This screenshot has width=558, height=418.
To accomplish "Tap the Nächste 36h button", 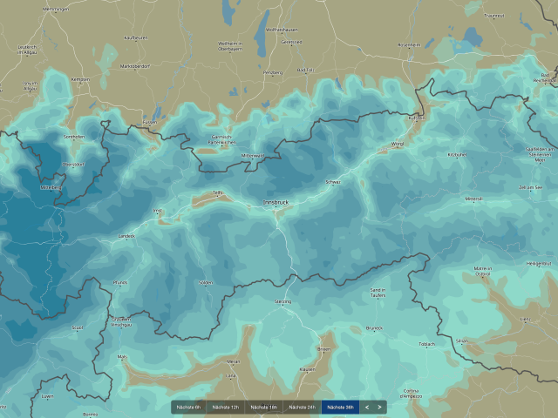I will point(339,407).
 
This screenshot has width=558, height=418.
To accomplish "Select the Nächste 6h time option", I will point(189,407).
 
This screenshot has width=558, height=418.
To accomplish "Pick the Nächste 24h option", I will point(302,407).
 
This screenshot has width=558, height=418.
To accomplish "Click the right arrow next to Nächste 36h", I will point(380,407).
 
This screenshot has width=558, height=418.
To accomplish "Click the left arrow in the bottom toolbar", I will point(367,407).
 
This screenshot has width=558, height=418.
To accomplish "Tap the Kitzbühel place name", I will point(457,154).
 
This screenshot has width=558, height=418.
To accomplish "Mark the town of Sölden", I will point(205,282).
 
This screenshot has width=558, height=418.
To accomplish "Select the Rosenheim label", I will point(408,44).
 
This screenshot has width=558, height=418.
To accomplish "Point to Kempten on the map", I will point(80,79).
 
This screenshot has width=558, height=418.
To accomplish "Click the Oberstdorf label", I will point(73,164).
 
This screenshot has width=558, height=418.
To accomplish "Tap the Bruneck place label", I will point(375,327).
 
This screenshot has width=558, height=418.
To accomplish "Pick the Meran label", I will point(232,360).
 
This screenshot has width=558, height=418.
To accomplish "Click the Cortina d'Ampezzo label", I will point(387,393).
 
